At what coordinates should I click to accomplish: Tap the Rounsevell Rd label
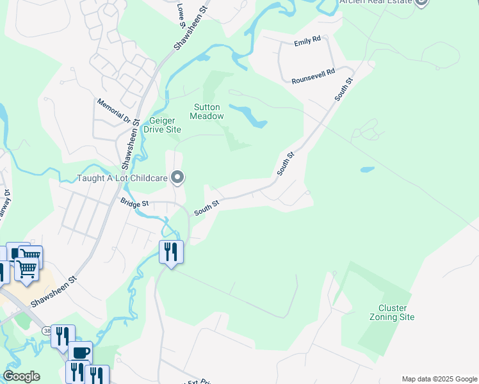coord(313,77)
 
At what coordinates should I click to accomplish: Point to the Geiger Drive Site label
coord(165,125)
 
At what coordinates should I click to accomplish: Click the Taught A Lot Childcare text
coord(122,178)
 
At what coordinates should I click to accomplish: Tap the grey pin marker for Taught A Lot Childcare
coord(178,177)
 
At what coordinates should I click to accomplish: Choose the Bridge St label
coord(134,203)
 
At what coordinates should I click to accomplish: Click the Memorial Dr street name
coord(113,111)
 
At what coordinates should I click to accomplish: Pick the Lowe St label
coord(181,14)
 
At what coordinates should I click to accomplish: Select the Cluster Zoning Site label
coord(393,312)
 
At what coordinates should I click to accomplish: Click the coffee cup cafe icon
coord(81,353)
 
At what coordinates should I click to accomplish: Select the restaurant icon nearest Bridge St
coord(171,252)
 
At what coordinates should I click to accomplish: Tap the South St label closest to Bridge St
coord(206,207)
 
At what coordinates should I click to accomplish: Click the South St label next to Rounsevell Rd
coord(343,90)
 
